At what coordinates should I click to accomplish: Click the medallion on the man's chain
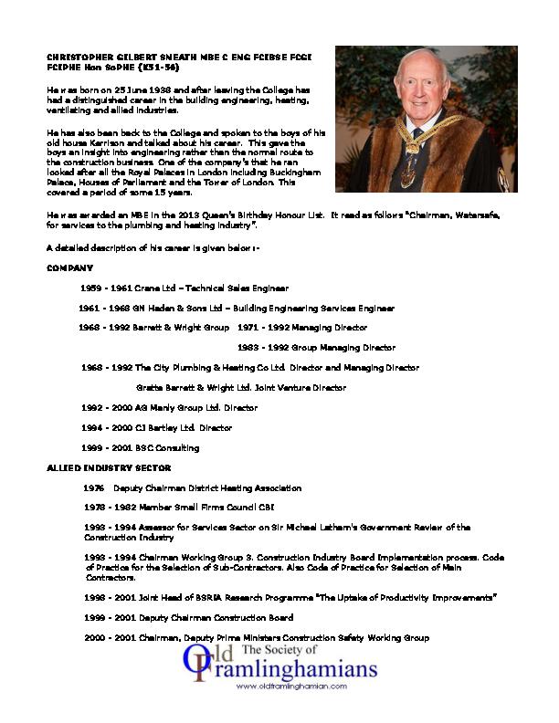pos(408,174)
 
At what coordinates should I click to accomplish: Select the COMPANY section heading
pos(69,268)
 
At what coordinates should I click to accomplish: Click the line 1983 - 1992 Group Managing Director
pos(316,348)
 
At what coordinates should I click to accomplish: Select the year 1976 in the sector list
pos(94,488)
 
